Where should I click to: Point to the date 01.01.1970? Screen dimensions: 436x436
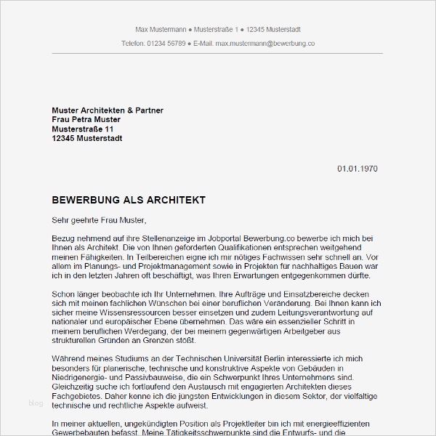(x=358, y=169)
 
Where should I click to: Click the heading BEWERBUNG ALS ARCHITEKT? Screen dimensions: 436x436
(x=129, y=200)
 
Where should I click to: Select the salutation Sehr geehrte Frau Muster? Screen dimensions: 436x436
(x=99, y=219)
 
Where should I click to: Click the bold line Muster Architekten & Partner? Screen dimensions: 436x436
(x=108, y=110)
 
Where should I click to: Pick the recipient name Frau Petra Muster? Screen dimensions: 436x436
(x=86, y=120)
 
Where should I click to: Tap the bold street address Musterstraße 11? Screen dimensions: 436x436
(x=83, y=129)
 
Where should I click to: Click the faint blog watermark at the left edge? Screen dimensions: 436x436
(x=36, y=403)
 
